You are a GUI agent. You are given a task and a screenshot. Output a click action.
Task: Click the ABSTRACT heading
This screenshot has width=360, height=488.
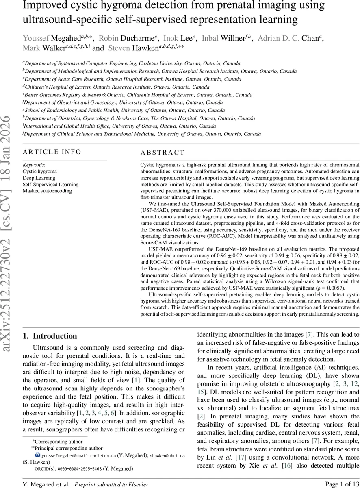(162, 153)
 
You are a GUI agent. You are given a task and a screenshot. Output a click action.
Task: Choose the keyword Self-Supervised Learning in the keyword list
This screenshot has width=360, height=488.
(50, 184)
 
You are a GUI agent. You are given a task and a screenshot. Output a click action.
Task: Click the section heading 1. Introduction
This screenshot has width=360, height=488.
(49, 336)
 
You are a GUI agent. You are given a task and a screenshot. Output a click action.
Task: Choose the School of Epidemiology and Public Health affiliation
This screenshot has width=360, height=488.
(125, 110)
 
